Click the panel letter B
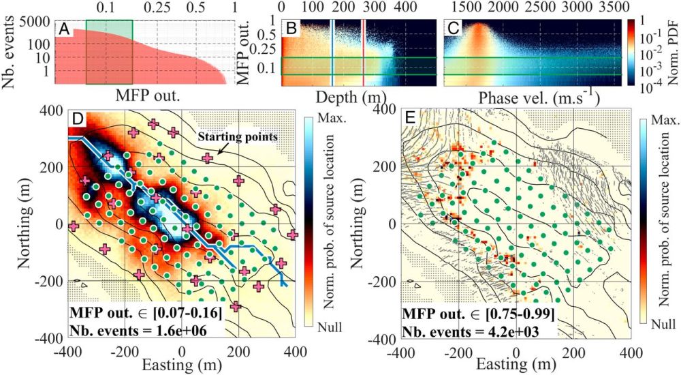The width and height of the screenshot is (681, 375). click(290, 28)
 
